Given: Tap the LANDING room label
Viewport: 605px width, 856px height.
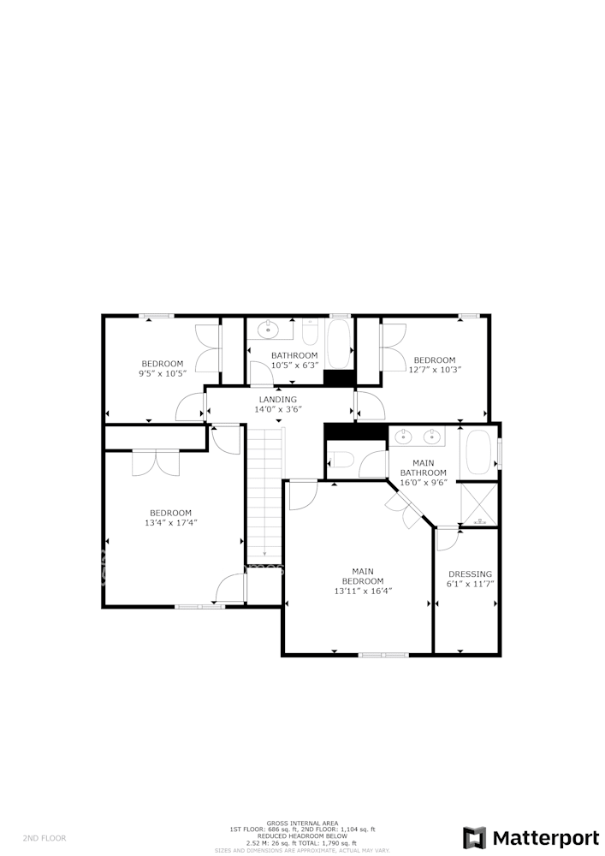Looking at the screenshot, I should (x=278, y=400).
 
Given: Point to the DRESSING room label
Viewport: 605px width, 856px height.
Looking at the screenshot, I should (x=470, y=574).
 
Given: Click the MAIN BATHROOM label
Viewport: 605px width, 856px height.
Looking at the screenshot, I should (x=424, y=467).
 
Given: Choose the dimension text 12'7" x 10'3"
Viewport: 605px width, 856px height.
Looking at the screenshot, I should (x=434, y=371).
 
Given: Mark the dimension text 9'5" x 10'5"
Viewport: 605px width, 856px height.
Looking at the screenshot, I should (x=162, y=374).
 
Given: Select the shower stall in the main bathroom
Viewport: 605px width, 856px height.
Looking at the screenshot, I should (x=478, y=505).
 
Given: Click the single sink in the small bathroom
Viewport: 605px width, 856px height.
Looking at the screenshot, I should (x=269, y=328).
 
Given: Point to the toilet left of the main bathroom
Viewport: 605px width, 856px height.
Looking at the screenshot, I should (x=341, y=461).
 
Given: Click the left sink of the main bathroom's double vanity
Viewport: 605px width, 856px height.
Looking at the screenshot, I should (x=406, y=437).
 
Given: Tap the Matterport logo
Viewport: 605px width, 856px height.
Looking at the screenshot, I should (x=531, y=837).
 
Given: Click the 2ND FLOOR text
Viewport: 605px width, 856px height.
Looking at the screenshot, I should (x=44, y=838).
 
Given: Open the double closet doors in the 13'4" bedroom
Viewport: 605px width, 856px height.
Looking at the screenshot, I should (x=156, y=462).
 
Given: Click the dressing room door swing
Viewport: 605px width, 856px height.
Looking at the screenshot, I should (x=447, y=539).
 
